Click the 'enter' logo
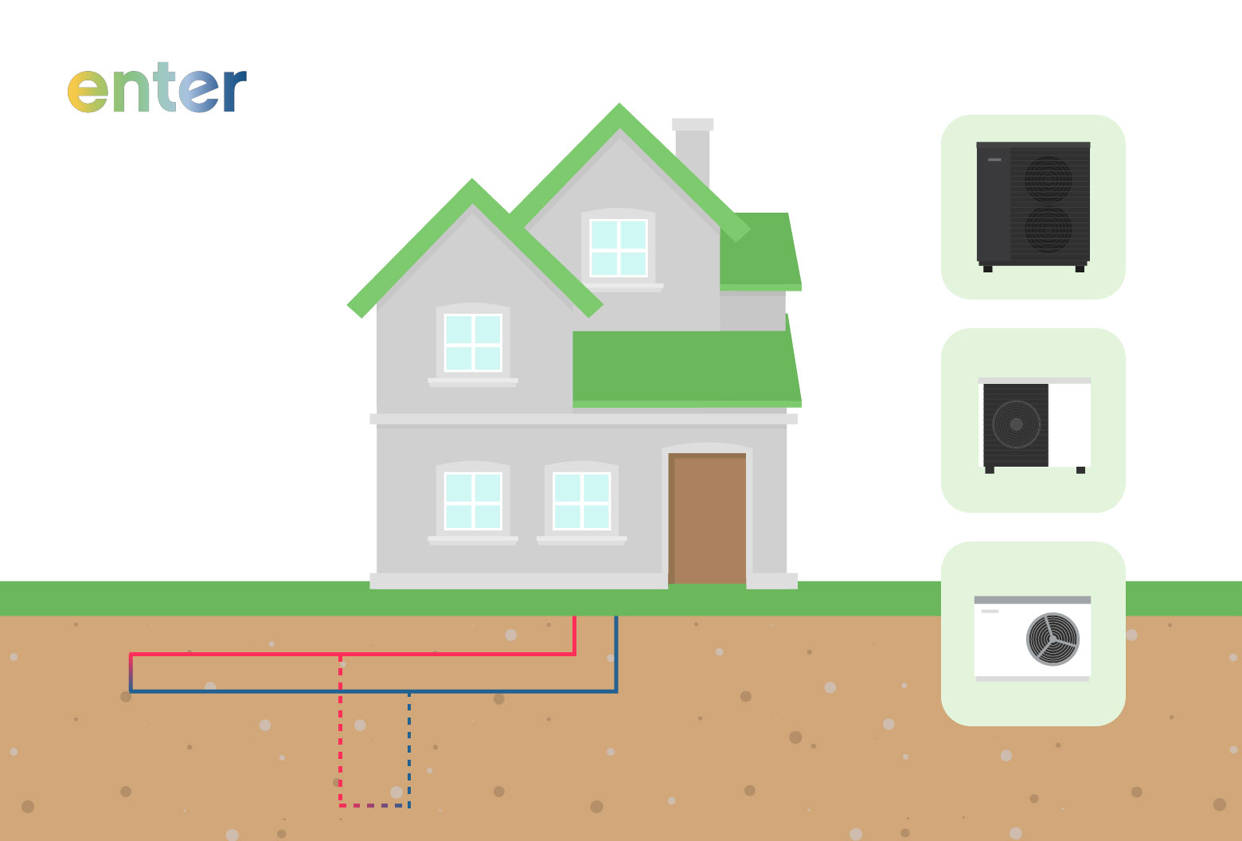(x=157, y=88)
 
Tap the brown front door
(x=707, y=518)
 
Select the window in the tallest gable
(x=619, y=248)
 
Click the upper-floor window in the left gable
(x=473, y=342)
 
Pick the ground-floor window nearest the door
(x=582, y=501)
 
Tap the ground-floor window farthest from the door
(x=473, y=501)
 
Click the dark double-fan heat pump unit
(x=1033, y=206)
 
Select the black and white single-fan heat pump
(x=1035, y=425)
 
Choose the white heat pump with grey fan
(x=1033, y=639)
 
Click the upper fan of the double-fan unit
(x=1048, y=179)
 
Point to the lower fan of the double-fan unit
(x=1048, y=229)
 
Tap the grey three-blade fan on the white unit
(x=1053, y=639)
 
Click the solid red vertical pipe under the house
(x=575, y=636)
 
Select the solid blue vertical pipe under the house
(x=616, y=654)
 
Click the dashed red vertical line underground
(x=341, y=730)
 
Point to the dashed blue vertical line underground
(x=409, y=749)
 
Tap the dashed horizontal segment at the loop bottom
(x=375, y=805)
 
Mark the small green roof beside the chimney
(x=760, y=251)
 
